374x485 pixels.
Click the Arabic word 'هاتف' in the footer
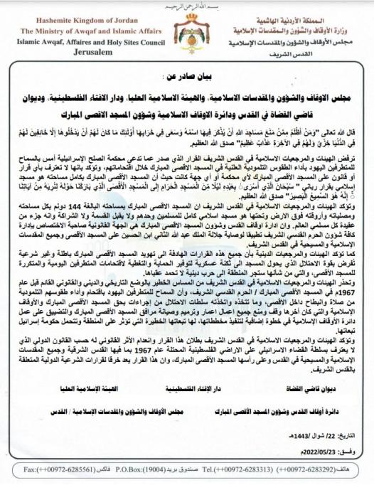pos(360,470)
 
